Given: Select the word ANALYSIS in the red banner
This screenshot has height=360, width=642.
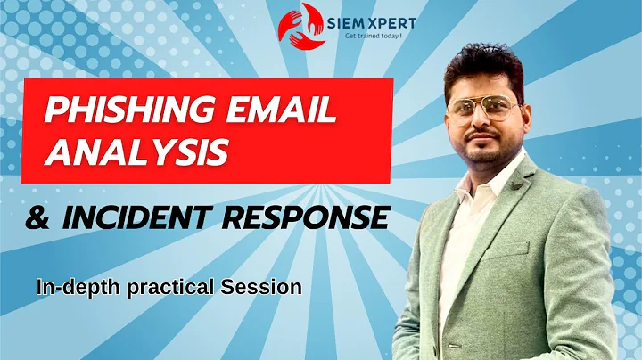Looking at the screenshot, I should [136, 151].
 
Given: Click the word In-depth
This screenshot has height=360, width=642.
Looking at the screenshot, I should [70, 288].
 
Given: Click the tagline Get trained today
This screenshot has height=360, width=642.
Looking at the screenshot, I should [365, 34].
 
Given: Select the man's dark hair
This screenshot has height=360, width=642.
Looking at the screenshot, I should [486, 64].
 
